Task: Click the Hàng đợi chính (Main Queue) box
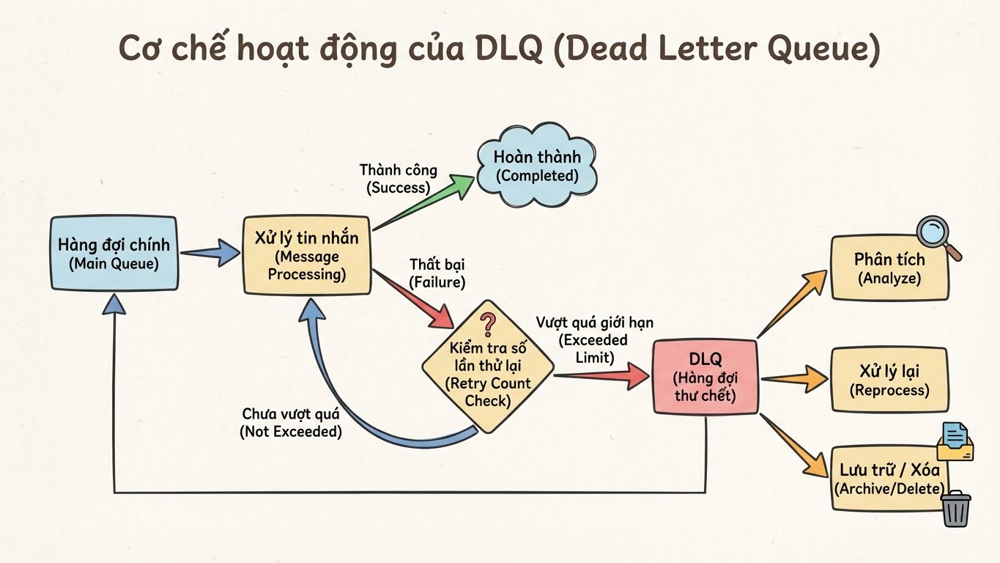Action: point(114,254)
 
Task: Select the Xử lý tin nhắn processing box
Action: point(306,255)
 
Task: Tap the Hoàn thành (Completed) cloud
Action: point(537,166)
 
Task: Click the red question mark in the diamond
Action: point(487,323)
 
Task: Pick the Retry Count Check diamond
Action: point(487,374)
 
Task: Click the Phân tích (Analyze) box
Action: point(889,268)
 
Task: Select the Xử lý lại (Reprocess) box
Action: point(889,380)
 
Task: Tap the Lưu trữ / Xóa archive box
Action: point(888,478)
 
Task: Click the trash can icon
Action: point(955,509)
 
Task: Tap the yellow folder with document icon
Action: point(955,441)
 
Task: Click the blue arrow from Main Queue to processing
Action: point(210,254)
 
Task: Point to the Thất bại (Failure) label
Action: point(437,272)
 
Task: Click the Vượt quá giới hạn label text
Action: point(594,323)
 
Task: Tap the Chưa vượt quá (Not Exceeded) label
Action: point(291,423)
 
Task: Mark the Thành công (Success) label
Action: point(398,178)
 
